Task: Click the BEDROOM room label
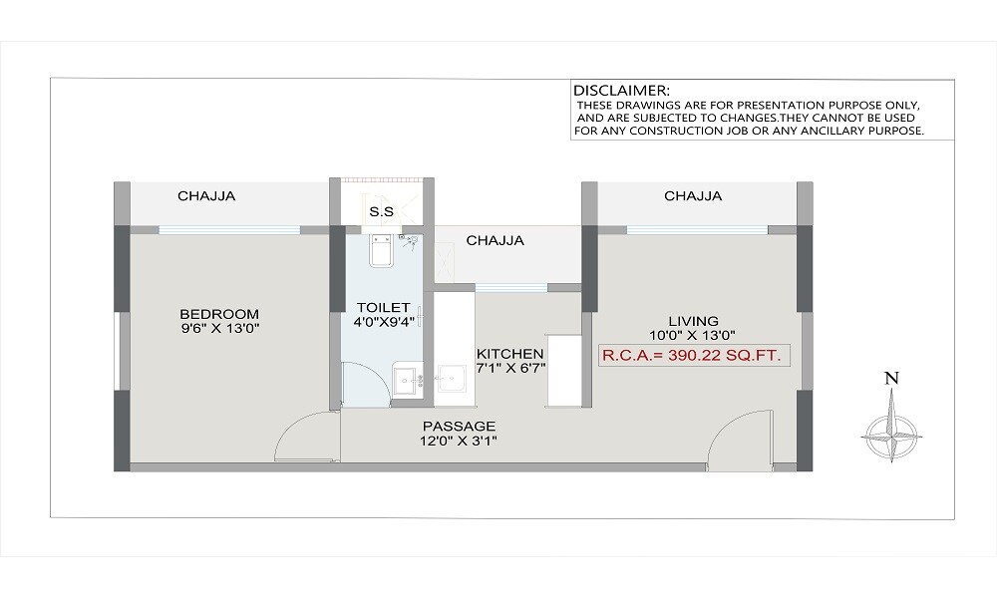(x=219, y=313)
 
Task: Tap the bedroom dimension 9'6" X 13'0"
(x=219, y=327)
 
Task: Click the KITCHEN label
(x=509, y=354)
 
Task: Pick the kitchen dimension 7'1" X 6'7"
(x=509, y=369)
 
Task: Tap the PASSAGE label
(x=458, y=426)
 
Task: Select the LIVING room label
(x=693, y=321)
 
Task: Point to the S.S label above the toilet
(x=380, y=212)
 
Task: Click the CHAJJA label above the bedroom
(x=206, y=196)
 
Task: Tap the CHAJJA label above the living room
(x=693, y=196)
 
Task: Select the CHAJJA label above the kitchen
(x=495, y=240)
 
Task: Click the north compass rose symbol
(x=891, y=430)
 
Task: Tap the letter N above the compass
(x=892, y=378)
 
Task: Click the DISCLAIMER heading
(x=621, y=90)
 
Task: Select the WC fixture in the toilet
(x=380, y=251)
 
